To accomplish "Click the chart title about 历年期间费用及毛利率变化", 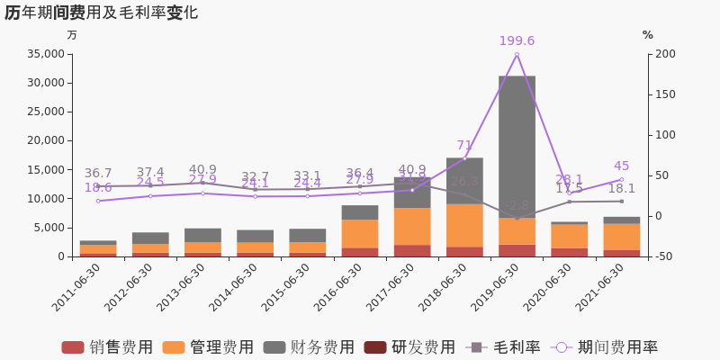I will tap(101, 13).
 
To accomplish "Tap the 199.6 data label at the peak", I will tap(517, 41).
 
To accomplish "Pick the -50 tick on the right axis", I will tap(665, 256).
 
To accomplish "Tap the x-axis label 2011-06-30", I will tap(77, 288).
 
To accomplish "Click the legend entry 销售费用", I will tap(108, 347).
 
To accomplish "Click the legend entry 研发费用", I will tap(410, 347).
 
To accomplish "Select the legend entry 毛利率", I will tap(504, 347).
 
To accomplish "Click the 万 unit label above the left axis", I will tap(72, 35).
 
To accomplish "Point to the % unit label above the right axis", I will tap(647, 35).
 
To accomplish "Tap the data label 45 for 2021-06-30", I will tap(621, 166).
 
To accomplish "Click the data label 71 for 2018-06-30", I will tap(464, 146).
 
